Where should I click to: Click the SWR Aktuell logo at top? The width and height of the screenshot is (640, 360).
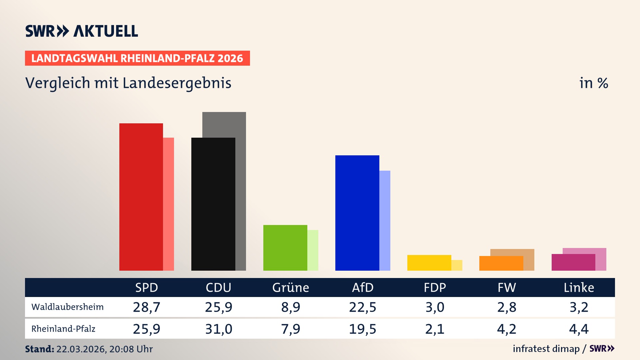click(x=81, y=31)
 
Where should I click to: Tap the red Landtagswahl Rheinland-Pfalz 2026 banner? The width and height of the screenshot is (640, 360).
click(x=137, y=58)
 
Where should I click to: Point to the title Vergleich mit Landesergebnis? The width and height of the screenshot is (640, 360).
click(x=128, y=83)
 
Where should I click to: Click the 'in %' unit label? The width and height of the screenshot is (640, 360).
click(x=593, y=83)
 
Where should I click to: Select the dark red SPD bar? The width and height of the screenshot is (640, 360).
click(x=141, y=197)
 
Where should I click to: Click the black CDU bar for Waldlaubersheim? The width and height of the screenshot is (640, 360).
click(x=213, y=204)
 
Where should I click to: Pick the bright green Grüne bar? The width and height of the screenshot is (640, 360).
click(x=285, y=248)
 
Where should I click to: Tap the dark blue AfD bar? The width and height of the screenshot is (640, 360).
click(x=357, y=213)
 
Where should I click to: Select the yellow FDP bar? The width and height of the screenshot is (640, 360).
click(x=429, y=263)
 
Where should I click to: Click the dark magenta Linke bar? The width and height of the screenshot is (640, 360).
click(x=573, y=262)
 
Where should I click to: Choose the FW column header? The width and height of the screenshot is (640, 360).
click(x=507, y=288)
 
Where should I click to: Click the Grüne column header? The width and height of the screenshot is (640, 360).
click(x=290, y=288)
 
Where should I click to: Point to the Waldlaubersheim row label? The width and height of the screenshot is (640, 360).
click(x=67, y=307)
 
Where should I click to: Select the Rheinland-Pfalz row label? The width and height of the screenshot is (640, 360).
click(x=63, y=329)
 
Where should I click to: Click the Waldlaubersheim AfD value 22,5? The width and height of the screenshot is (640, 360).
click(x=362, y=307)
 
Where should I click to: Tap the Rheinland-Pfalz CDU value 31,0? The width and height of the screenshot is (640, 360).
click(x=218, y=329)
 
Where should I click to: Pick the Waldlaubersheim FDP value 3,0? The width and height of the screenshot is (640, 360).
click(x=435, y=307)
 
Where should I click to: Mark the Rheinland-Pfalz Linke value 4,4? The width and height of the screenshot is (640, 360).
click(x=579, y=329)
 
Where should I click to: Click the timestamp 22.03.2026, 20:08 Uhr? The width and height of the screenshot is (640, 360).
click(x=104, y=349)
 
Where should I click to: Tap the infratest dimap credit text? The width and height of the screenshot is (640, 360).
click(x=546, y=349)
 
